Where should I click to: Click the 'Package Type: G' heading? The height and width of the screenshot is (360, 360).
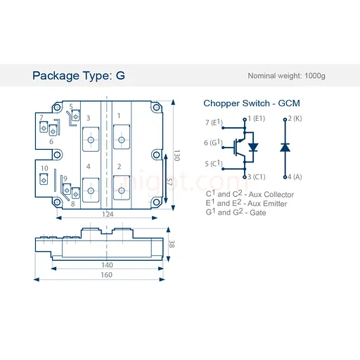(79, 76)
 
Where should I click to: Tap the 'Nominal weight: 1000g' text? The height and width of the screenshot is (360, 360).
(286, 76)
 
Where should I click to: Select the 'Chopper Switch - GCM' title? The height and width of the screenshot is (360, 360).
(252, 103)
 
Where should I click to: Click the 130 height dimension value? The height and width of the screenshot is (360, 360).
(176, 155)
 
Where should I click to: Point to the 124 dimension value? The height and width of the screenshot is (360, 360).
(108, 214)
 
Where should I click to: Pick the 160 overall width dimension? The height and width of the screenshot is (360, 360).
(107, 275)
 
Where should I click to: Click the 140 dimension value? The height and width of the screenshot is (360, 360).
(107, 265)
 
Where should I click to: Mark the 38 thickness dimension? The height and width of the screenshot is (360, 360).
(172, 244)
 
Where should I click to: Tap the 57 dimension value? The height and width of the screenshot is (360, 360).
(169, 182)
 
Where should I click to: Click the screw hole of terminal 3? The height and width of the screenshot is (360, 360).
(91, 140)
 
